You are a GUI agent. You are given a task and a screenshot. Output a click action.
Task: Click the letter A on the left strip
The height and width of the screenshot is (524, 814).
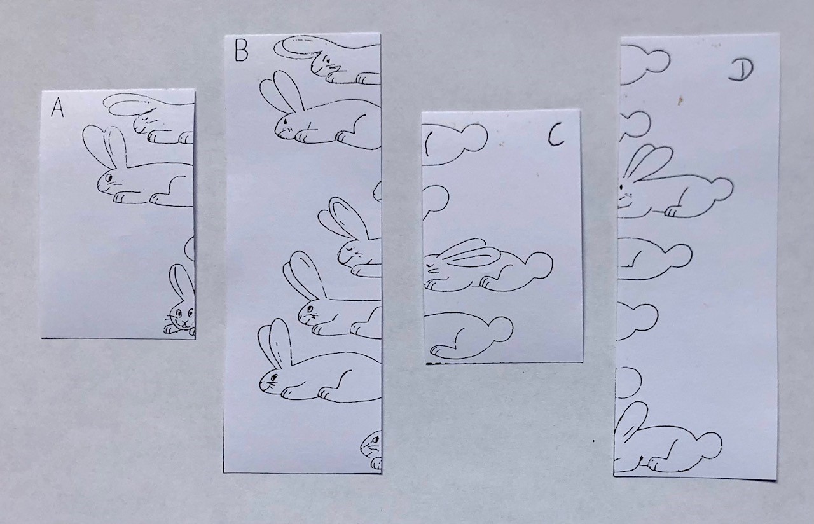57,108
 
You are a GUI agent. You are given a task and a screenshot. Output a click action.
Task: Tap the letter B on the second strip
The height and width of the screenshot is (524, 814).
242,50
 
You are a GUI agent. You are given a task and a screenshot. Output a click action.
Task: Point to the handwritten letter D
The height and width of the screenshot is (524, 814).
741,71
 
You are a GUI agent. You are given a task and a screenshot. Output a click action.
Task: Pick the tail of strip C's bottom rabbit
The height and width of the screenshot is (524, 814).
500,329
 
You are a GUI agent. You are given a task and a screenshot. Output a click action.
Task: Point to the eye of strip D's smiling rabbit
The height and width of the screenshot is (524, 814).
621,187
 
